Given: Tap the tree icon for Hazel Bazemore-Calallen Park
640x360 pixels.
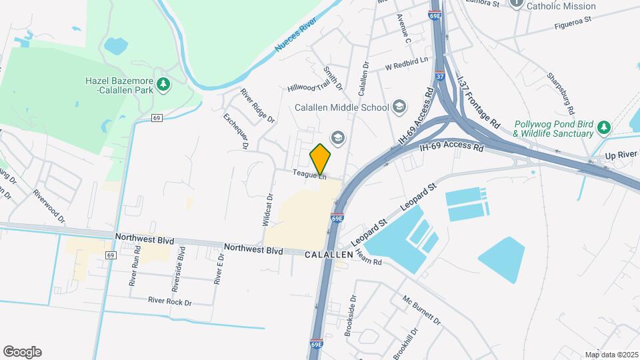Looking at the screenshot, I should pos(163,84).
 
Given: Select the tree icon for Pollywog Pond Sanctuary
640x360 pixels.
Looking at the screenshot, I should pos(603,127).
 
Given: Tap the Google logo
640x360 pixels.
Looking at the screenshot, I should pos(22,352).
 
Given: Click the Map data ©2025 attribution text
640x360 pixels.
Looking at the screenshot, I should pos(611,355).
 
